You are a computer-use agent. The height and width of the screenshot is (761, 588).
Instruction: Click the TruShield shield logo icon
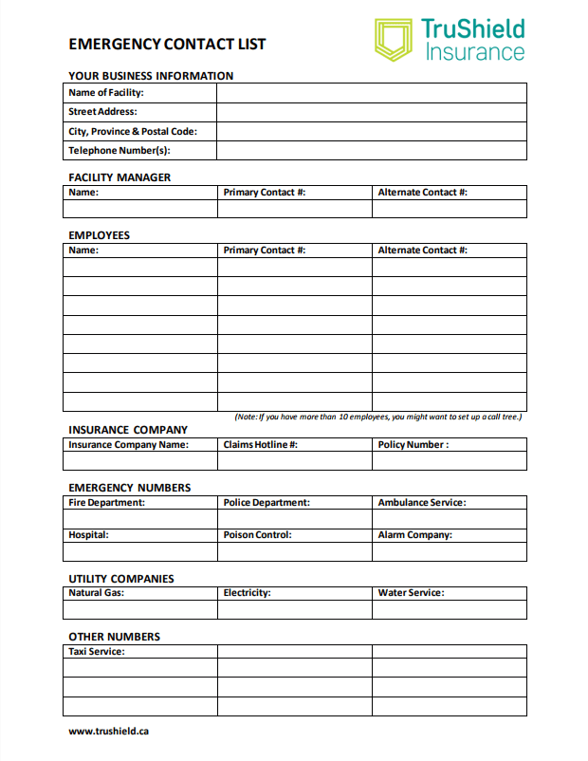click(x=393, y=40)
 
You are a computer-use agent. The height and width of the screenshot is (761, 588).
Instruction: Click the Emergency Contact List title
click(x=167, y=44)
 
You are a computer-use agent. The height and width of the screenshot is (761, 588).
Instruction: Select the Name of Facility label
click(x=106, y=93)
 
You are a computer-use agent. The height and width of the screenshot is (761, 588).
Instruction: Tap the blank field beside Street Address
click(x=371, y=112)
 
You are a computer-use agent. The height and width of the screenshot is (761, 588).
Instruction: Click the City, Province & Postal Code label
click(x=133, y=131)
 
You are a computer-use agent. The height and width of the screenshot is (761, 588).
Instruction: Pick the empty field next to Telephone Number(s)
click(x=371, y=150)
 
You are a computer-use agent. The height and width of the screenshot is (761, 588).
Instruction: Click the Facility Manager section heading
click(x=119, y=177)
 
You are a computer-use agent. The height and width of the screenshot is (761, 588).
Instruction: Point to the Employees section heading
click(x=99, y=235)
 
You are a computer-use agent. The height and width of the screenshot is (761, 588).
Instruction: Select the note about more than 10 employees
click(x=378, y=417)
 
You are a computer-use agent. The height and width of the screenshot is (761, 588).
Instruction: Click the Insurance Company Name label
click(x=128, y=444)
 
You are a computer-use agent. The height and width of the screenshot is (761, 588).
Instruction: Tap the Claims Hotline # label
click(x=261, y=444)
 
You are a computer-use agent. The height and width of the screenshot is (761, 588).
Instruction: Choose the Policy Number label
click(x=413, y=444)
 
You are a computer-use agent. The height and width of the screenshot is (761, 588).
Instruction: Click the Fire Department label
click(x=106, y=502)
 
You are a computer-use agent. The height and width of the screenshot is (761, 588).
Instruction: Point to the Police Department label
click(x=266, y=502)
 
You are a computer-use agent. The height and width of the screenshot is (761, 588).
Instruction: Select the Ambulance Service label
click(x=422, y=502)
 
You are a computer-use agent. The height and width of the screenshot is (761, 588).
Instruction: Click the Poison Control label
click(x=257, y=534)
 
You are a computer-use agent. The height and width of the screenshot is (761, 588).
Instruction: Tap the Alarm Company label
click(x=415, y=534)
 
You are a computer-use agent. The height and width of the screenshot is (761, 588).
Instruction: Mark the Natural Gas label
click(x=96, y=592)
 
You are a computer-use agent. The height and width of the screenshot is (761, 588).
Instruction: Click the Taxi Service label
click(x=97, y=651)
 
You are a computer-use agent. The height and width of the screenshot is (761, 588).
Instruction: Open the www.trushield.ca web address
click(x=109, y=731)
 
